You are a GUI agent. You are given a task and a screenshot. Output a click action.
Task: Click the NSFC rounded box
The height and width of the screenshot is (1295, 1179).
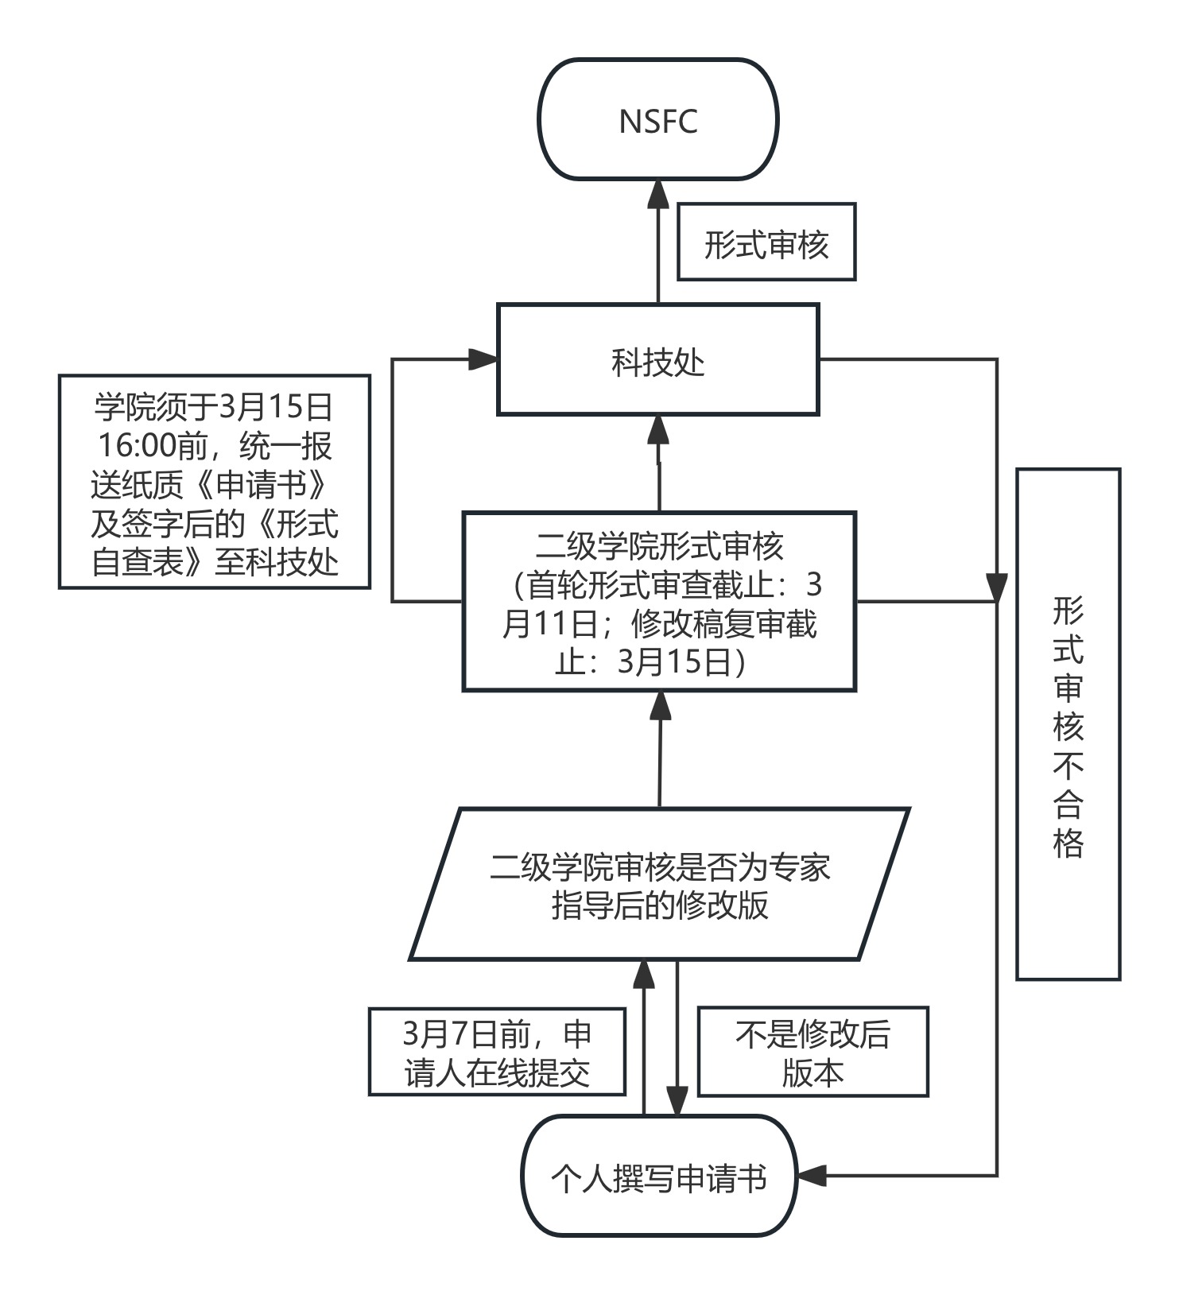(657, 120)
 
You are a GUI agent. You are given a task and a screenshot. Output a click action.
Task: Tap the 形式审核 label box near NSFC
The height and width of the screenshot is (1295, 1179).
(766, 242)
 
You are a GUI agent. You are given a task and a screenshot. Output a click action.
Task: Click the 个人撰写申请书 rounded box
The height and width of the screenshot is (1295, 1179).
(658, 1176)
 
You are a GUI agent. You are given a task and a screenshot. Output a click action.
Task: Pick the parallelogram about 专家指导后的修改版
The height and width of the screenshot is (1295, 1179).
(659, 884)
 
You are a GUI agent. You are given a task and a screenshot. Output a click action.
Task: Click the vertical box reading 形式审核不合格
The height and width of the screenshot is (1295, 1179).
(1068, 723)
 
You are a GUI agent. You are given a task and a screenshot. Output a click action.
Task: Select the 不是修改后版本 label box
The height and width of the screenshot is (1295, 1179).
(813, 1052)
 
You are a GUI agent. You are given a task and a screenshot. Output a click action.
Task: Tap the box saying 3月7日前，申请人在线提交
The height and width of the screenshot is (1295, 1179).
(497, 1052)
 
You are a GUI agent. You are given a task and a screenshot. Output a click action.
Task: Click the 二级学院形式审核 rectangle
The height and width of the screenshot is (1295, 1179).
(659, 602)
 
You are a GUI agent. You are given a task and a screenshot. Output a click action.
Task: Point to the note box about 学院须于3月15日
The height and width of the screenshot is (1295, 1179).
(215, 482)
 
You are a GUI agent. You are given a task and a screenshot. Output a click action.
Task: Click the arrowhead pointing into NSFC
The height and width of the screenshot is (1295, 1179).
(658, 195)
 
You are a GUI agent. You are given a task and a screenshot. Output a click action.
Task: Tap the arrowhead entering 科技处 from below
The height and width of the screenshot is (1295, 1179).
(658, 429)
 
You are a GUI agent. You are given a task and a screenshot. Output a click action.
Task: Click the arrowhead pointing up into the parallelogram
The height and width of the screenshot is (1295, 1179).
(643, 975)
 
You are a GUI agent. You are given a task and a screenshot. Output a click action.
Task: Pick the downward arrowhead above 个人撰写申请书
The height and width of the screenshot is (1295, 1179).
(677, 1101)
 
